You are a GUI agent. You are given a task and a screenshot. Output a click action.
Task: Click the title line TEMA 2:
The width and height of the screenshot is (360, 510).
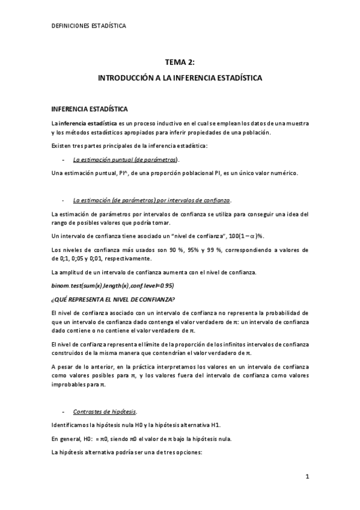click(180, 61)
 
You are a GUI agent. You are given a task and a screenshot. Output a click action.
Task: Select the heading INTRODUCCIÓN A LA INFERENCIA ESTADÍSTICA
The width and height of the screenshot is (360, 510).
click(180, 78)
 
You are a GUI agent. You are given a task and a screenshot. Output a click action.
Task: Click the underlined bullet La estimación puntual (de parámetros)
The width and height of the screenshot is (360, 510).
click(126, 160)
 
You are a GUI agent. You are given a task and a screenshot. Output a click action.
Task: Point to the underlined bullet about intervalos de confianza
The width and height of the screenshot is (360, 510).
click(152, 200)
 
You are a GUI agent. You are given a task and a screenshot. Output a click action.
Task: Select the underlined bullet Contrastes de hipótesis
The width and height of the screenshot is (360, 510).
click(104, 412)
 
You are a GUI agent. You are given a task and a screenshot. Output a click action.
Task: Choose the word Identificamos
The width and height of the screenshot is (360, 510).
click(70, 425)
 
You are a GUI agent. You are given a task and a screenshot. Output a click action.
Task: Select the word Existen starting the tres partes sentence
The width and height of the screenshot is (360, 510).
click(61, 146)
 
